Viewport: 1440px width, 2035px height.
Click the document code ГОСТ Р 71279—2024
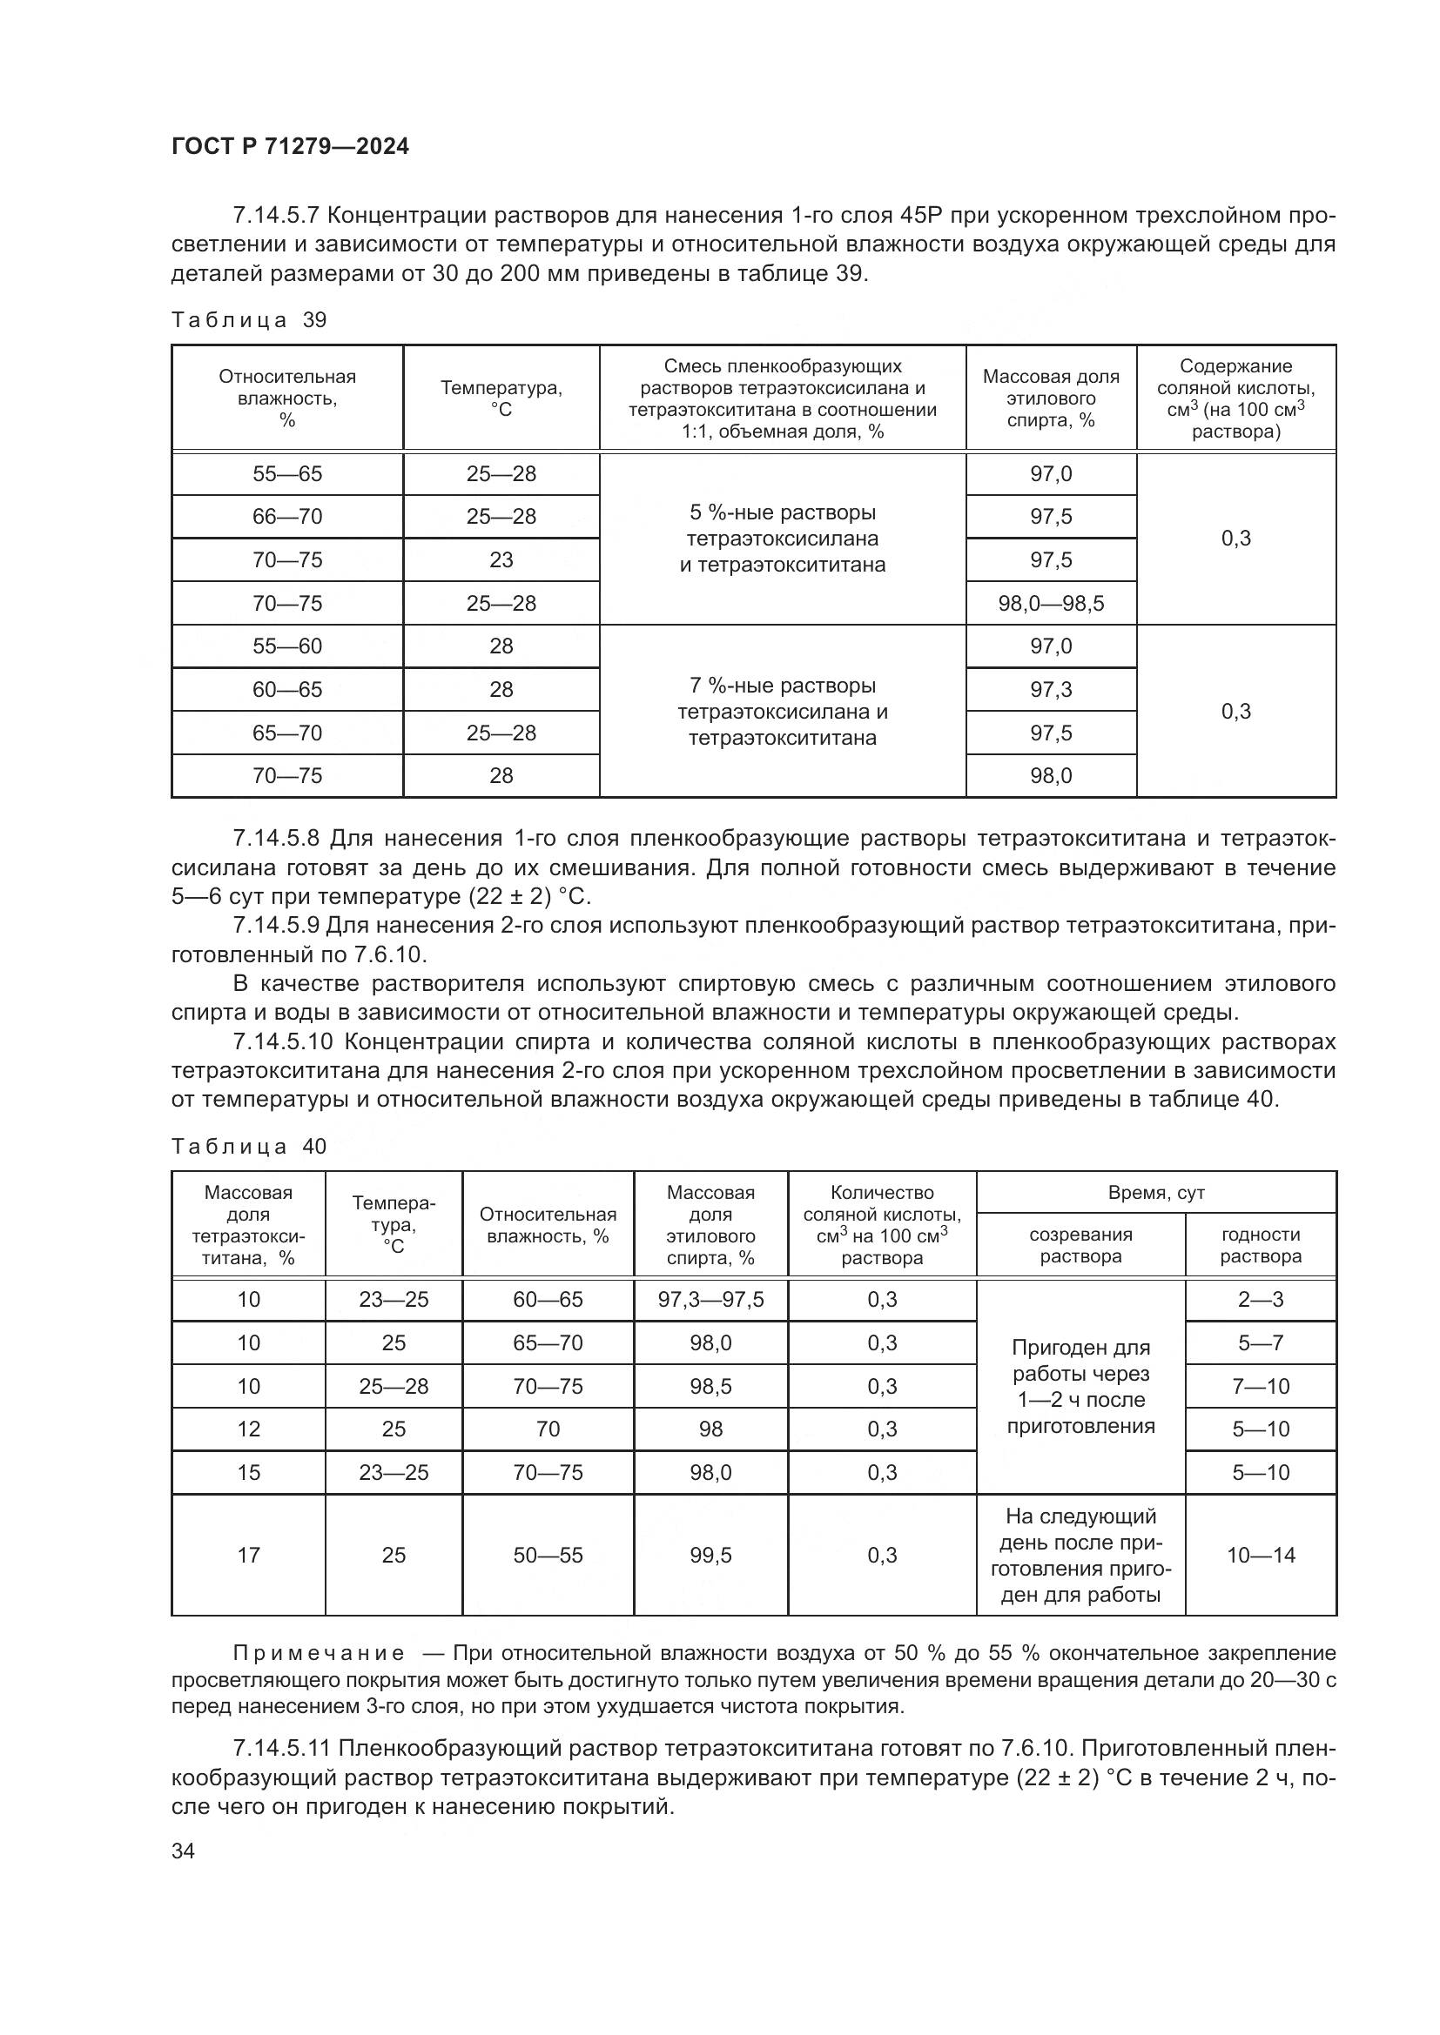point(290,147)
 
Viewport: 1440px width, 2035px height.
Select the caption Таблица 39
point(249,320)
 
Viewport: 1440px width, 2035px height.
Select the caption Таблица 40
point(249,1147)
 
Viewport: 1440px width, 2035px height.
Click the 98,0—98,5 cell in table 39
point(1051,604)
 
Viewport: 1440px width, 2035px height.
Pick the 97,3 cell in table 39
point(1051,690)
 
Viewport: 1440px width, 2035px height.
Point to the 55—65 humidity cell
point(287,474)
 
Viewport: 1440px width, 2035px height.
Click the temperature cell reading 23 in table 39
point(501,560)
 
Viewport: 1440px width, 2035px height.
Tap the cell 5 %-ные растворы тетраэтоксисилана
point(782,538)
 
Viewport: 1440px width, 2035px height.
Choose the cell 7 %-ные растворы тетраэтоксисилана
point(782,712)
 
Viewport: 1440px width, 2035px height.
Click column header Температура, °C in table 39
point(501,398)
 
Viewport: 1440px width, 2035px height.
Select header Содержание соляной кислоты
point(1235,398)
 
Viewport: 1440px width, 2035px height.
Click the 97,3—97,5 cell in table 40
point(710,1300)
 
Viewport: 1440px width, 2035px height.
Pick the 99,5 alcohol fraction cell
point(710,1556)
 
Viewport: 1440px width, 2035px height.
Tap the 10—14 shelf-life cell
point(1260,1556)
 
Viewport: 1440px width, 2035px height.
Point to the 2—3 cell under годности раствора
point(1260,1300)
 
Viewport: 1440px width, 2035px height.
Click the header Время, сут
point(1155,1193)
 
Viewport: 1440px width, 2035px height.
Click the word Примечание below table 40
point(320,1653)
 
